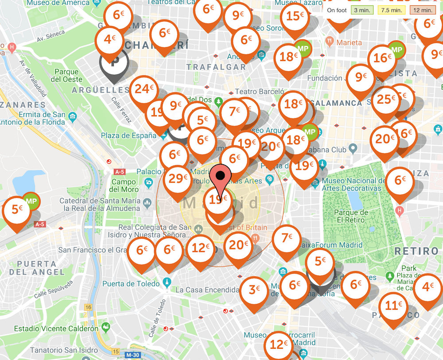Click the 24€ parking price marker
(144, 89)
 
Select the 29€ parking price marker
(178, 178)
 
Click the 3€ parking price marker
(254, 290)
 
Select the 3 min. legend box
(362, 10)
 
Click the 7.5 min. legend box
(391, 10)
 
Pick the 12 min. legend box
(424, 10)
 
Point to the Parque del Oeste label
(66, 76)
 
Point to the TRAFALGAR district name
(216, 67)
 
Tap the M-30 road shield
(132, 355)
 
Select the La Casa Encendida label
(207, 290)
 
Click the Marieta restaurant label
(349, 43)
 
